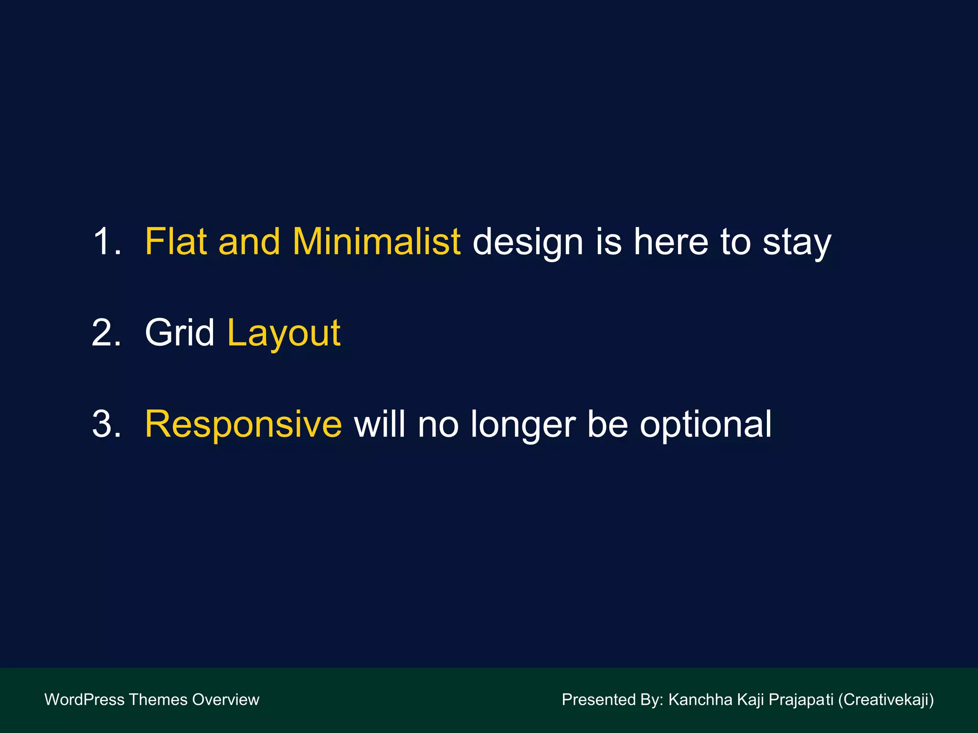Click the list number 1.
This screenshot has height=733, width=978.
click(x=106, y=241)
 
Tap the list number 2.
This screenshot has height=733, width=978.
click(x=106, y=333)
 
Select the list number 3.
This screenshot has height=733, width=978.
click(x=106, y=424)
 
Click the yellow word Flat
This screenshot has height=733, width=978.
click(x=175, y=241)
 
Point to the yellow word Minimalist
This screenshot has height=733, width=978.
click(x=376, y=241)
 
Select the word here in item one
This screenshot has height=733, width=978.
click(x=671, y=241)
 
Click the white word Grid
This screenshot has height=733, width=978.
click(x=180, y=333)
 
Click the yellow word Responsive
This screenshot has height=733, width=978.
click(x=243, y=425)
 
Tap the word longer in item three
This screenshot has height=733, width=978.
click(x=523, y=425)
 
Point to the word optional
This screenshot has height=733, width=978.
click(x=705, y=425)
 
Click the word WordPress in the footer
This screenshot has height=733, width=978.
click(x=84, y=700)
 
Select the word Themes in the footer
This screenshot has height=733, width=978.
click(x=158, y=700)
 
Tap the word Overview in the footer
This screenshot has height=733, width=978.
click(x=225, y=700)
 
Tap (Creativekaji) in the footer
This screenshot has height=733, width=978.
click(x=886, y=700)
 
